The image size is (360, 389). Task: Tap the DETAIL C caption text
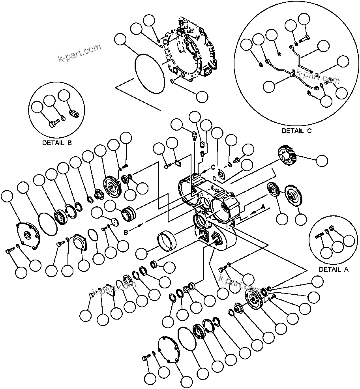coord(296,131)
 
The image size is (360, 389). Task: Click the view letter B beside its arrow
coord(126,233)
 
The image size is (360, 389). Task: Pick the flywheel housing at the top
coord(191,51)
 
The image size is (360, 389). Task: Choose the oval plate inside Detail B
coord(74,114)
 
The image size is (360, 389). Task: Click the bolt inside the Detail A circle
coord(319,236)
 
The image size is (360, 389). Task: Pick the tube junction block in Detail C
coord(292,73)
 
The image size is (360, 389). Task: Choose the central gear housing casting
coord(209,197)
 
